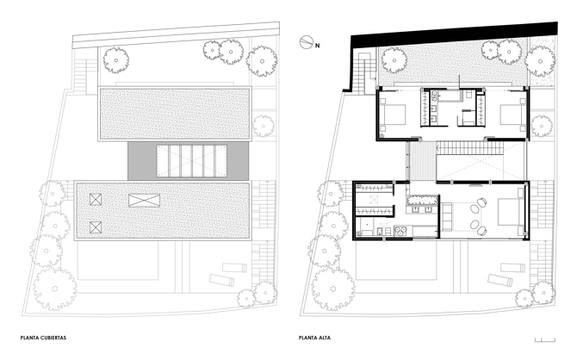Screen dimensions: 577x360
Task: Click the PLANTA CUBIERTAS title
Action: coord(43,338)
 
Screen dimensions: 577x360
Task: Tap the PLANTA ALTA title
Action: coord(314,338)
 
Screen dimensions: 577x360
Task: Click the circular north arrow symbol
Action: coord(306,42)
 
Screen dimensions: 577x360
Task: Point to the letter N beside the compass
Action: coord(317,46)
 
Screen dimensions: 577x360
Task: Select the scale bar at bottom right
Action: coord(545,340)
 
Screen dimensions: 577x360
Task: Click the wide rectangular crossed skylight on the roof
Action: coord(145,201)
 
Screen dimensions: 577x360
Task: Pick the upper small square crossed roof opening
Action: coord(96,200)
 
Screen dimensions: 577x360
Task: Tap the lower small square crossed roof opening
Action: coord(96,227)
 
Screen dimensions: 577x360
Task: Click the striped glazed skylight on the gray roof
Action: coord(191,161)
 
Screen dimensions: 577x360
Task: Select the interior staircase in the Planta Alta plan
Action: coord(469,149)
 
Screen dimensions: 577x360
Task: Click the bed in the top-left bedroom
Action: coord(393,115)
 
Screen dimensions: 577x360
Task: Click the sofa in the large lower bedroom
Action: coord(447,216)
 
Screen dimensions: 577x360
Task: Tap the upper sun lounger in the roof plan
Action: coord(234,268)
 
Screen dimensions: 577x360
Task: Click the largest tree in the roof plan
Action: coord(55,289)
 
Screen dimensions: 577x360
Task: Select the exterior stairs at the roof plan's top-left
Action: coord(80,76)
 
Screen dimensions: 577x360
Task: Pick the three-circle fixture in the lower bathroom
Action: coord(400,231)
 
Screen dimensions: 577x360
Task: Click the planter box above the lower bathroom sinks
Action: coord(423,200)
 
